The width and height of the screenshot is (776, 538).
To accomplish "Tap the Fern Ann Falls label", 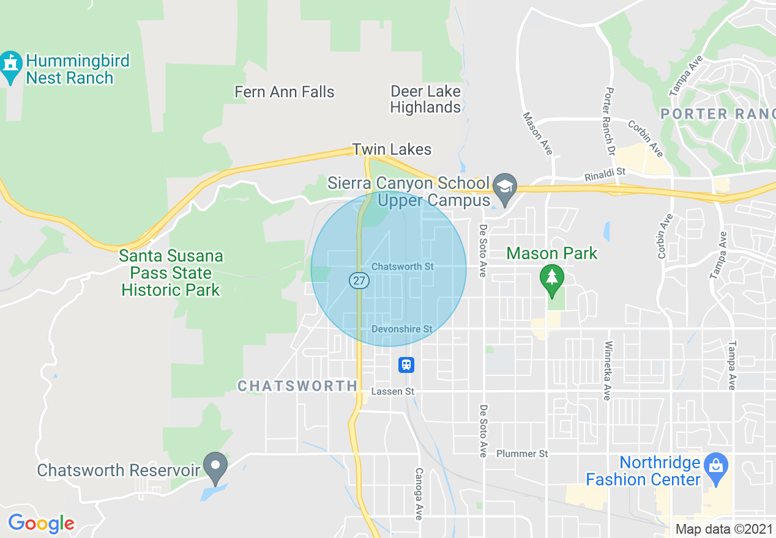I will click(285, 92).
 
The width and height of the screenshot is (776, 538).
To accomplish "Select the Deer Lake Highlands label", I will click(425, 100).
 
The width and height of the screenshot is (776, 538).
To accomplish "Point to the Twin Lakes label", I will click(392, 149).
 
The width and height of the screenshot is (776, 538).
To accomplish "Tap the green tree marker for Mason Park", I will click(552, 278).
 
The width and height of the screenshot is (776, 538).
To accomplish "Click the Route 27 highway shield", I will click(359, 281).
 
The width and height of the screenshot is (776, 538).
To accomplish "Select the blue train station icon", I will click(406, 365).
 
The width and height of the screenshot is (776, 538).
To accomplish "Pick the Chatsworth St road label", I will click(403, 267).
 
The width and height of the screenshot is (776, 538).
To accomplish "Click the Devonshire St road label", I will click(401, 329).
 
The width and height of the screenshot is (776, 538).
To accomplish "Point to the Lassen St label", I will click(393, 391).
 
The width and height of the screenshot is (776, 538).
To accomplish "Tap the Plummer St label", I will click(522, 454).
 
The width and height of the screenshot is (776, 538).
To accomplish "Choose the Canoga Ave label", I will click(419, 494).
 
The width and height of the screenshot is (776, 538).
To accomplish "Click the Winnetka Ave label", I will click(608, 371).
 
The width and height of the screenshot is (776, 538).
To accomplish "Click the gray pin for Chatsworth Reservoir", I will click(215, 467).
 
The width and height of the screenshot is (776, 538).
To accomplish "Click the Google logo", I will click(41, 523).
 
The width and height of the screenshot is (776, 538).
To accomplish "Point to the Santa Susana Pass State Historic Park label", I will click(171, 273).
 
